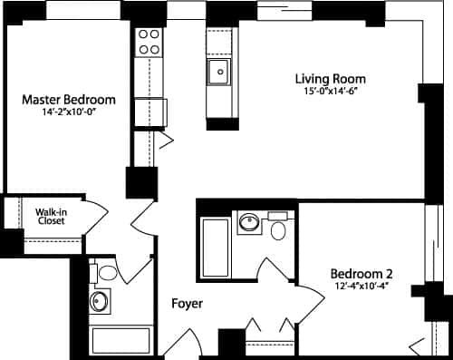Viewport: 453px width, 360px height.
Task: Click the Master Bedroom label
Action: coord(68,99)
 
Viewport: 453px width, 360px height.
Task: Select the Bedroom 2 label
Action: coord(361,274)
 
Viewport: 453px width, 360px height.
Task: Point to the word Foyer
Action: coord(188,303)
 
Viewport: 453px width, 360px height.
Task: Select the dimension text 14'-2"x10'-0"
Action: coord(68,112)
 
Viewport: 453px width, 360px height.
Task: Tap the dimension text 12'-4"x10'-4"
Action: coord(361,287)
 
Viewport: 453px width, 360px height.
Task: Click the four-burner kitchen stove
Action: coord(148,42)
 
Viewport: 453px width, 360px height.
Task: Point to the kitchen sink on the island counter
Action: coord(218,72)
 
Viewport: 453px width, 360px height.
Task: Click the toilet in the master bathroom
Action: coord(107,271)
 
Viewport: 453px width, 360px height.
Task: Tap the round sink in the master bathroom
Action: coord(101,302)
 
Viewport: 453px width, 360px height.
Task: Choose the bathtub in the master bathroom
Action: coord(120,341)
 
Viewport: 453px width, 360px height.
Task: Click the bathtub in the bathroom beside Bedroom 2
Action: coord(215,246)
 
